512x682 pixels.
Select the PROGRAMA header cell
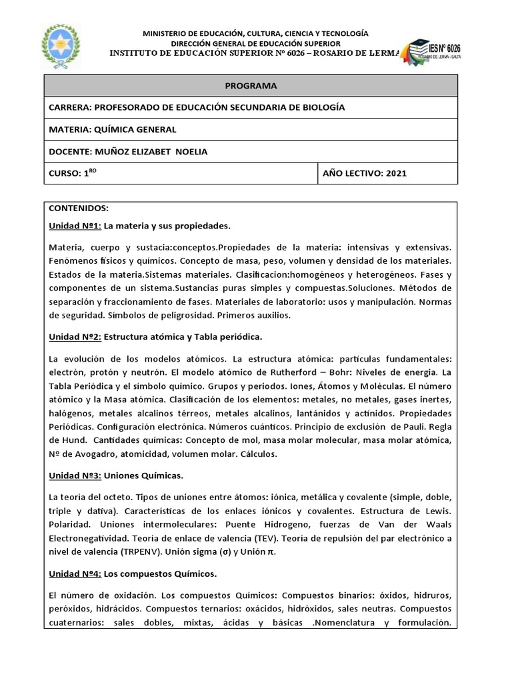pos(251,86)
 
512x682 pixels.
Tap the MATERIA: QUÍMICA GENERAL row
pos(113,129)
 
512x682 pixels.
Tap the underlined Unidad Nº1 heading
pos(75,225)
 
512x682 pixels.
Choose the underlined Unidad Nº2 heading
pos(75,336)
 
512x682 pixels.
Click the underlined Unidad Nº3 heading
pos(75,476)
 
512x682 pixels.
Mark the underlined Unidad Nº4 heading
pos(75,573)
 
